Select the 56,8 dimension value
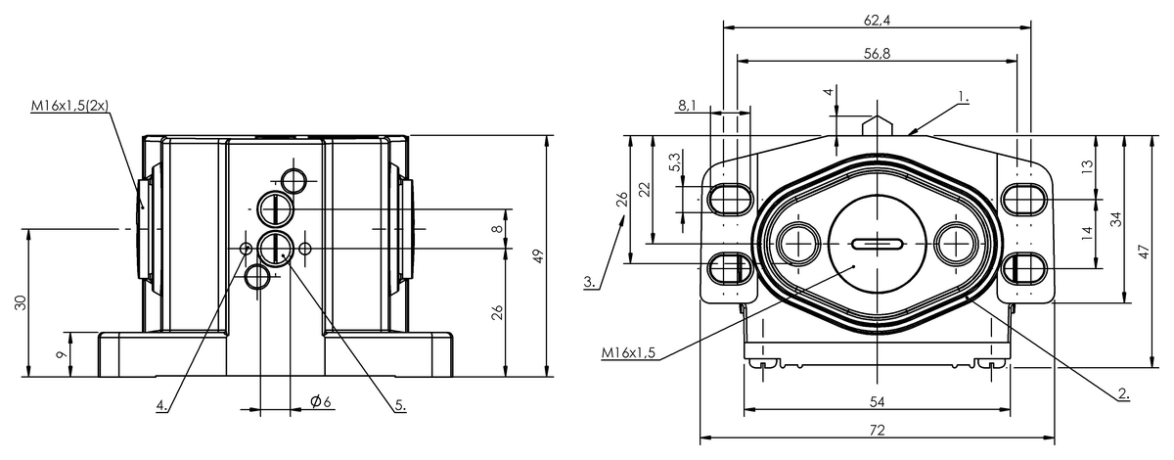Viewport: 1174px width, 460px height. point(877,54)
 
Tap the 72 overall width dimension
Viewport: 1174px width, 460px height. point(877,431)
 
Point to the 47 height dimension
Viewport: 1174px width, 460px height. point(1144,251)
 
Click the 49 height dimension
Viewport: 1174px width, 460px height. point(537,255)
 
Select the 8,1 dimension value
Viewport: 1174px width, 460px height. point(686,105)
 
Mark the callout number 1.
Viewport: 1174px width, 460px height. point(964,97)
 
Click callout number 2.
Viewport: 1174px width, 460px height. point(1123,394)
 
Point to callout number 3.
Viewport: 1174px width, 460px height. point(590,282)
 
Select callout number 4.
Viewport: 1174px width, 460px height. point(161,403)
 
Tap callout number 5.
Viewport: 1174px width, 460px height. point(400,403)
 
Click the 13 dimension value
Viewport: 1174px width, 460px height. point(1086,167)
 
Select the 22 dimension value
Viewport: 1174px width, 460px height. point(643,191)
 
